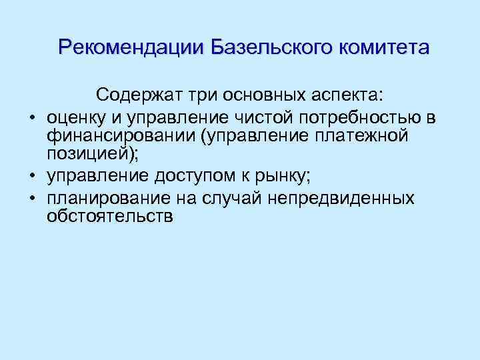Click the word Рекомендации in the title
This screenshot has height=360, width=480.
click(131, 48)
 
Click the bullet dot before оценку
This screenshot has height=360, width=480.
click(31, 118)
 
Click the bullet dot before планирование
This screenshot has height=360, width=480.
click(31, 199)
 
